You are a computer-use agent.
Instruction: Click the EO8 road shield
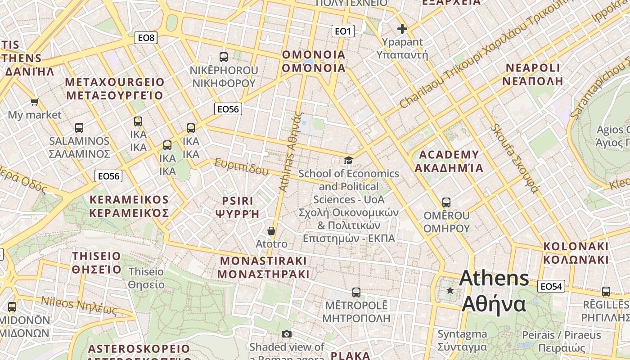(146, 38)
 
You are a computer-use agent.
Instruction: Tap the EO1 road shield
(343, 31)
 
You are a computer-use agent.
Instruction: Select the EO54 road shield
(551, 286)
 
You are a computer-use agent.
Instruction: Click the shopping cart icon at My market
(34, 102)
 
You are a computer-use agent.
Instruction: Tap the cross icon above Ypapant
(402, 29)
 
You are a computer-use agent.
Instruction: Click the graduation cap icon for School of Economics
(348, 160)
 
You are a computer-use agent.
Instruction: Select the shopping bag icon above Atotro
(271, 231)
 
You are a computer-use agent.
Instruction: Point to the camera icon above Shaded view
(287, 334)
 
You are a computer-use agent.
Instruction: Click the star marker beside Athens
(450, 291)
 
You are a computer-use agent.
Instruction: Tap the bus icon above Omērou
(446, 202)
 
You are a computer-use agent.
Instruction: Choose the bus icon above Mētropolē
(356, 292)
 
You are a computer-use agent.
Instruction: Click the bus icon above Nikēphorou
(224, 57)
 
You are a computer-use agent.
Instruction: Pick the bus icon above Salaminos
(79, 128)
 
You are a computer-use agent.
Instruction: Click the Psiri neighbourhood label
(238, 207)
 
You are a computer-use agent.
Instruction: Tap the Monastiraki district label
(263, 267)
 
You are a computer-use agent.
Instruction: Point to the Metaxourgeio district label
(115, 89)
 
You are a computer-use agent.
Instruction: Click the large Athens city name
(494, 291)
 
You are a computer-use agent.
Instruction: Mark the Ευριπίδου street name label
(241, 166)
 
